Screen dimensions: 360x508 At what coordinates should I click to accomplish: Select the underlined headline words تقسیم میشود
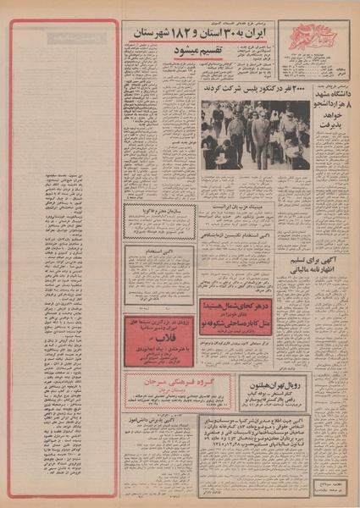point(194,51)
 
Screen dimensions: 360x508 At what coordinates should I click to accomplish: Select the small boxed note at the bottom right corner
point(333,479)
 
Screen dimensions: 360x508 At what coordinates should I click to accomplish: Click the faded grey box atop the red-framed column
point(77,37)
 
